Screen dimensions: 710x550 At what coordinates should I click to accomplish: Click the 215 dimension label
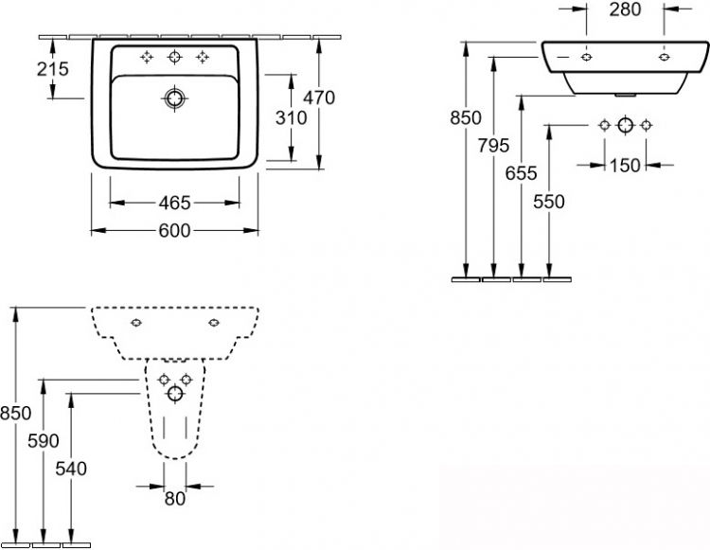click(52, 69)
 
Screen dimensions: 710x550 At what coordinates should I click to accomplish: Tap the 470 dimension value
click(319, 98)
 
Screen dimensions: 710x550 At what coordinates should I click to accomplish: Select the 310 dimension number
click(292, 118)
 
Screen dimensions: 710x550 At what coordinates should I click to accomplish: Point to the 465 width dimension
click(174, 204)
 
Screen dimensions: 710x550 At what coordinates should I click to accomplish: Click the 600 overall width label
click(174, 231)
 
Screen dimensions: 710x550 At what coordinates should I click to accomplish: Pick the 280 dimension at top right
click(625, 9)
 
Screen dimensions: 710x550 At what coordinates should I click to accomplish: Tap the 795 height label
click(493, 146)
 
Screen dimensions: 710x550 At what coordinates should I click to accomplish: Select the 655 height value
click(522, 173)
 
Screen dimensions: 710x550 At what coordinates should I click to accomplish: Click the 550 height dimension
click(549, 202)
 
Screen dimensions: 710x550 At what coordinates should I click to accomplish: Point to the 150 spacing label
click(625, 166)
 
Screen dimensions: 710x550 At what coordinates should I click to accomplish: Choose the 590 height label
click(44, 441)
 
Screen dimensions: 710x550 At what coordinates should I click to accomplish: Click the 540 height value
click(71, 469)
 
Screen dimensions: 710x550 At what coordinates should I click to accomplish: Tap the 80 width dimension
click(175, 499)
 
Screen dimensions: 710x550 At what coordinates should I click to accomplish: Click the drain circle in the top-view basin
click(174, 98)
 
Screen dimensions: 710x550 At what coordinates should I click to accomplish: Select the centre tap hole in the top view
click(174, 57)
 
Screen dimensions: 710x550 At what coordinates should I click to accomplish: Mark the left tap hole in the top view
click(146, 57)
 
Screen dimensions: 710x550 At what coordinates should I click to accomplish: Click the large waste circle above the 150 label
click(626, 125)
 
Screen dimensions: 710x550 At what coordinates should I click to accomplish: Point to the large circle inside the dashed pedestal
click(175, 394)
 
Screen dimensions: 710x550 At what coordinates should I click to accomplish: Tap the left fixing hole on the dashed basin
click(136, 322)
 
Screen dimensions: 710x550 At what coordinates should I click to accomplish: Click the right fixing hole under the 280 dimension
click(665, 57)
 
